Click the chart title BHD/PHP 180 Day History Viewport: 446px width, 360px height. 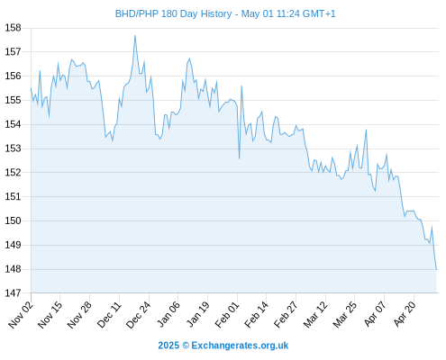pyautogui.click(x=173, y=13)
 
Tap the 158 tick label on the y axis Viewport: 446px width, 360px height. pyautogui.click(x=14, y=28)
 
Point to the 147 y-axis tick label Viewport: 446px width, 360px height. pyautogui.click(x=14, y=292)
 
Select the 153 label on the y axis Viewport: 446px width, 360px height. pyautogui.click(x=14, y=148)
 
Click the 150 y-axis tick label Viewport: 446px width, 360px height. pyautogui.click(x=14, y=220)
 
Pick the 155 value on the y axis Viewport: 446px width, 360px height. pyautogui.click(x=14, y=100)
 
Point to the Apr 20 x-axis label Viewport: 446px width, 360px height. pyautogui.click(x=405, y=314)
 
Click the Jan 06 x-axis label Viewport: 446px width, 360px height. pyautogui.click(x=168, y=314)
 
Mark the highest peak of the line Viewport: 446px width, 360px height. pyautogui.click(x=135, y=36)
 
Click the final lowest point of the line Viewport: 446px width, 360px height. pyautogui.click(x=436, y=269)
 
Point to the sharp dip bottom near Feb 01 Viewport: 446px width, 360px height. pyautogui.click(x=240, y=158)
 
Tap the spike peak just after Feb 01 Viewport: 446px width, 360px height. pyautogui.click(x=241, y=86)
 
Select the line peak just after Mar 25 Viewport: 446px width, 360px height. pyautogui.click(x=367, y=130)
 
